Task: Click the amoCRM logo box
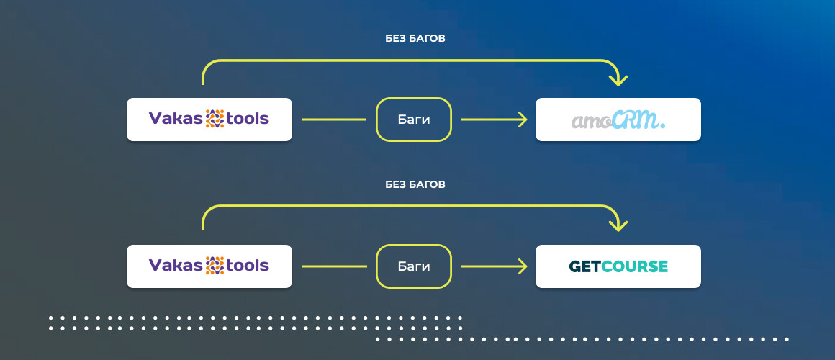pyautogui.click(x=618, y=120)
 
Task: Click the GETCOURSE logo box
pyautogui.click(x=618, y=266)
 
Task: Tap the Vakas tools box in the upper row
pyautogui.click(x=209, y=120)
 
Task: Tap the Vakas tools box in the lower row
pyautogui.click(x=209, y=266)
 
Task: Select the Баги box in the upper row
pyautogui.click(x=414, y=120)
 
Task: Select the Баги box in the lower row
pyautogui.click(x=414, y=266)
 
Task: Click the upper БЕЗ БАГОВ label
pyautogui.click(x=415, y=38)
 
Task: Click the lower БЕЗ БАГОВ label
pyautogui.click(x=415, y=185)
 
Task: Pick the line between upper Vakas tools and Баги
pyautogui.click(x=334, y=120)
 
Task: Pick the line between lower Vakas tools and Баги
pyautogui.click(x=334, y=266)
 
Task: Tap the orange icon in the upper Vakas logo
pyautogui.click(x=215, y=119)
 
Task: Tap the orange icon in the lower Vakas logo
pyautogui.click(x=215, y=266)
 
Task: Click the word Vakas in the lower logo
pyautogui.click(x=176, y=266)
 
